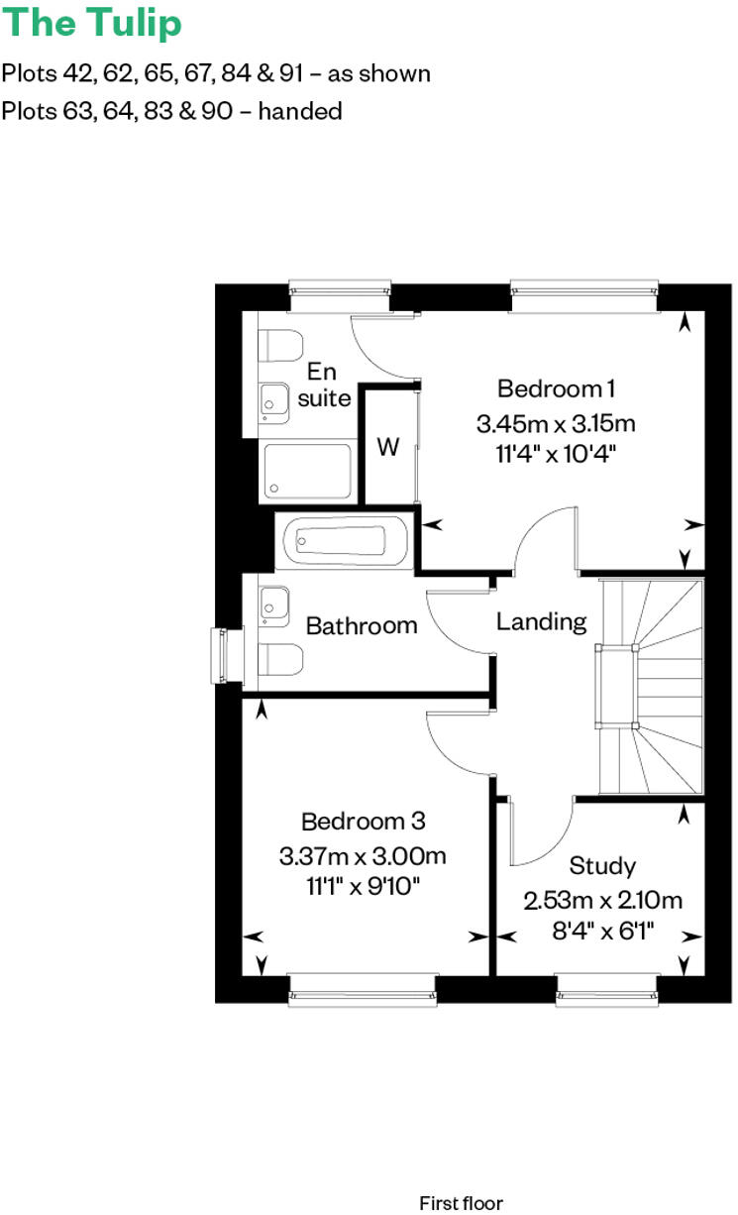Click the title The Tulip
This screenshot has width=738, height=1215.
tap(92, 24)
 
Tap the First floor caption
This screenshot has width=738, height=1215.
tap(461, 1203)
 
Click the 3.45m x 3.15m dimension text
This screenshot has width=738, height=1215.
tap(555, 424)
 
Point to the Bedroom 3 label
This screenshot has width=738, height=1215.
tap(364, 821)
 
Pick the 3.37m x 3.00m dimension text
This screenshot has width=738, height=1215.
tap(363, 855)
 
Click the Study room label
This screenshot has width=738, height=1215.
tap(603, 866)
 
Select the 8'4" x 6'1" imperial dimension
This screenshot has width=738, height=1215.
tap(603, 931)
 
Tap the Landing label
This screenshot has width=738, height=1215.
tap(541, 621)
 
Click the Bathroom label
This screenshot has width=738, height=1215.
tap(362, 625)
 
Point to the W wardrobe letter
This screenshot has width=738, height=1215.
tap(388, 447)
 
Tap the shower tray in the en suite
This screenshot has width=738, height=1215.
tap(307, 472)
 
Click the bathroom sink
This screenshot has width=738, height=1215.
tap(273, 606)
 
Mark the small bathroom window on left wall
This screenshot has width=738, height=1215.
tap(220, 656)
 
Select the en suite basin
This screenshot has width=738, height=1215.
tap(273, 400)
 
